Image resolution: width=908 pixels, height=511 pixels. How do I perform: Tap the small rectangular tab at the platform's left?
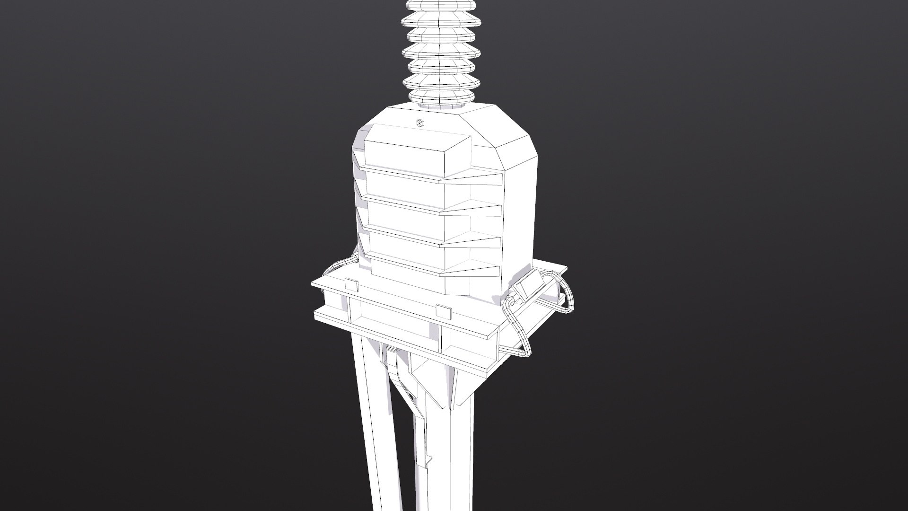(x=351, y=285)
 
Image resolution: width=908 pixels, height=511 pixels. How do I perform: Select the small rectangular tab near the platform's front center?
(x=443, y=312)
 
